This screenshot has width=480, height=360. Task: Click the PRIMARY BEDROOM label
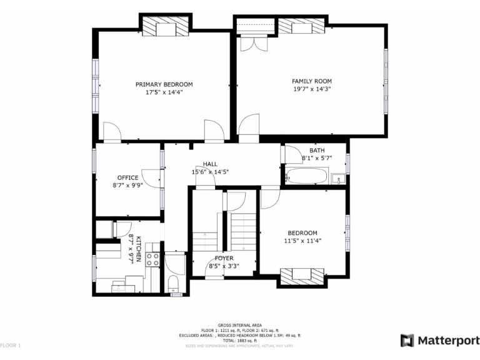coord(164,84)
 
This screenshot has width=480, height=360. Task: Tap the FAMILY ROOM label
coord(312,81)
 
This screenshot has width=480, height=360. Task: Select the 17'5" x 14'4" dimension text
coord(164,92)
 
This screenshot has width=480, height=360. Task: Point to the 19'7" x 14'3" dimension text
coord(312,89)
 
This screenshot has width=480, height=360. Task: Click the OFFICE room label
coord(127,177)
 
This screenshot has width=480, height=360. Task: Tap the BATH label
coord(317,151)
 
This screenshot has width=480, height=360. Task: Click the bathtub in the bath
coord(304,177)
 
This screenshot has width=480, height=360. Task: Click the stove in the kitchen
coord(153,258)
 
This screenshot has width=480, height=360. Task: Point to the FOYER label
coord(224,258)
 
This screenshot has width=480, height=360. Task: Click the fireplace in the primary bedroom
coord(166,27)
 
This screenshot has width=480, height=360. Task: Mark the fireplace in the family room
coord(302,26)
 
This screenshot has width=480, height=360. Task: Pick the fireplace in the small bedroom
coord(302,276)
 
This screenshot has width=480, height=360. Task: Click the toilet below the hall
coord(174,287)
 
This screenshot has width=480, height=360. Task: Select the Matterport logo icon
coord(407,341)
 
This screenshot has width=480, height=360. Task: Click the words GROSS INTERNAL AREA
coord(239,325)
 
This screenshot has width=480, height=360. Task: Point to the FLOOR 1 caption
coord(11,345)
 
